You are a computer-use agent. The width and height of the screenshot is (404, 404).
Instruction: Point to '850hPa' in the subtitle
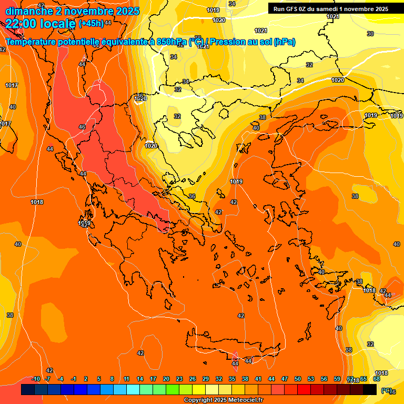click(x=171, y=42)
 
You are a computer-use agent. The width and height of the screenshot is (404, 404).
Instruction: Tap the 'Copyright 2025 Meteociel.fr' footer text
click(x=224, y=400)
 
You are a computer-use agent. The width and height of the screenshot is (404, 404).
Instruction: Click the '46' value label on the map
click(x=82, y=127)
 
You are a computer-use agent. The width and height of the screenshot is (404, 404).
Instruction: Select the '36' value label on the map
click(x=192, y=196)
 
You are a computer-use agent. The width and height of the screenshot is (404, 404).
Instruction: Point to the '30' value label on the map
click(x=370, y=34)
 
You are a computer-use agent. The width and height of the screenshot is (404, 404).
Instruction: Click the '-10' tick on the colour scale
click(x=36, y=379)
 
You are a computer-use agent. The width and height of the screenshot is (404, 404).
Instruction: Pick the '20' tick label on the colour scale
click(x=166, y=379)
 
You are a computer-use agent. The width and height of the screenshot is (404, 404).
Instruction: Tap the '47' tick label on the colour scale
click(x=285, y=379)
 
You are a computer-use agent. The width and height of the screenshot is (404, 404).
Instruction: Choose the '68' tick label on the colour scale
click(x=377, y=379)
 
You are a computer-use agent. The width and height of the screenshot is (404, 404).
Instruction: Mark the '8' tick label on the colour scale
click(x=112, y=379)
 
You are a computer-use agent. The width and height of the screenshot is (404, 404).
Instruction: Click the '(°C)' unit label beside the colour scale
click(x=386, y=390)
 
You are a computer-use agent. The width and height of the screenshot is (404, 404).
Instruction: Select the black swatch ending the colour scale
click(x=370, y=389)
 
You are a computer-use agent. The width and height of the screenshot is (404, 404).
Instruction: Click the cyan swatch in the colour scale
click(x=133, y=389)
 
